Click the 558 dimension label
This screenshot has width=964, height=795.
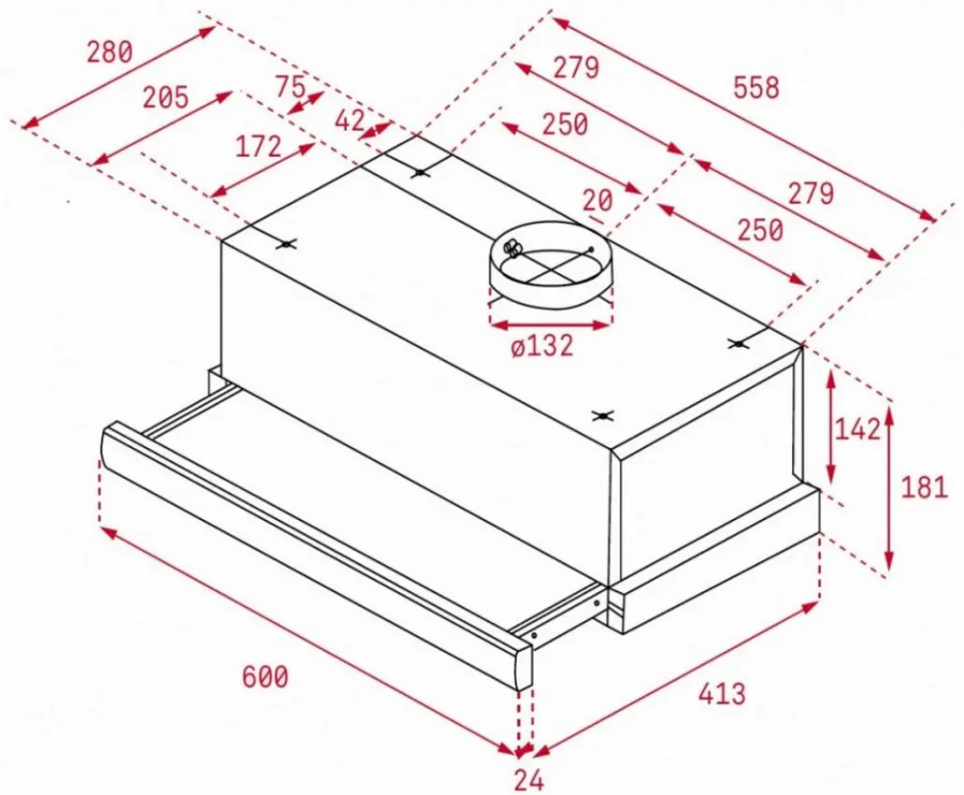[x=755, y=87]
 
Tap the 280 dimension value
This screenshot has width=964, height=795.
[x=109, y=51]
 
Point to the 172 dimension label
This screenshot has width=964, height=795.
[x=258, y=146]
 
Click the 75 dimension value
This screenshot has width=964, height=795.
[x=290, y=86]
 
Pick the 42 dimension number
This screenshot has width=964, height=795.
[x=350, y=121]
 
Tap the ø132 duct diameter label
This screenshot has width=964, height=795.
[x=541, y=345]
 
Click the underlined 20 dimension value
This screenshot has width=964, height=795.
[x=597, y=200]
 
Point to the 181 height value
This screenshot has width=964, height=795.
[x=924, y=487]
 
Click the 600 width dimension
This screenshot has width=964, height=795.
[x=265, y=677]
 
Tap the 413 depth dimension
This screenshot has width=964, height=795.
[x=722, y=694]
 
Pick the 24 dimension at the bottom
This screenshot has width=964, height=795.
[x=528, y=780]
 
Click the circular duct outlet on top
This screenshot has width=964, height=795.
[x=552, y=266]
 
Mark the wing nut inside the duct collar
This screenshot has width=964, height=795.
[x=511, y=248]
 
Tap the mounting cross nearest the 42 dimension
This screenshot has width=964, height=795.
[x=420, y=173]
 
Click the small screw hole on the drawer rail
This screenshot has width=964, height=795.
[x=534, y=635]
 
